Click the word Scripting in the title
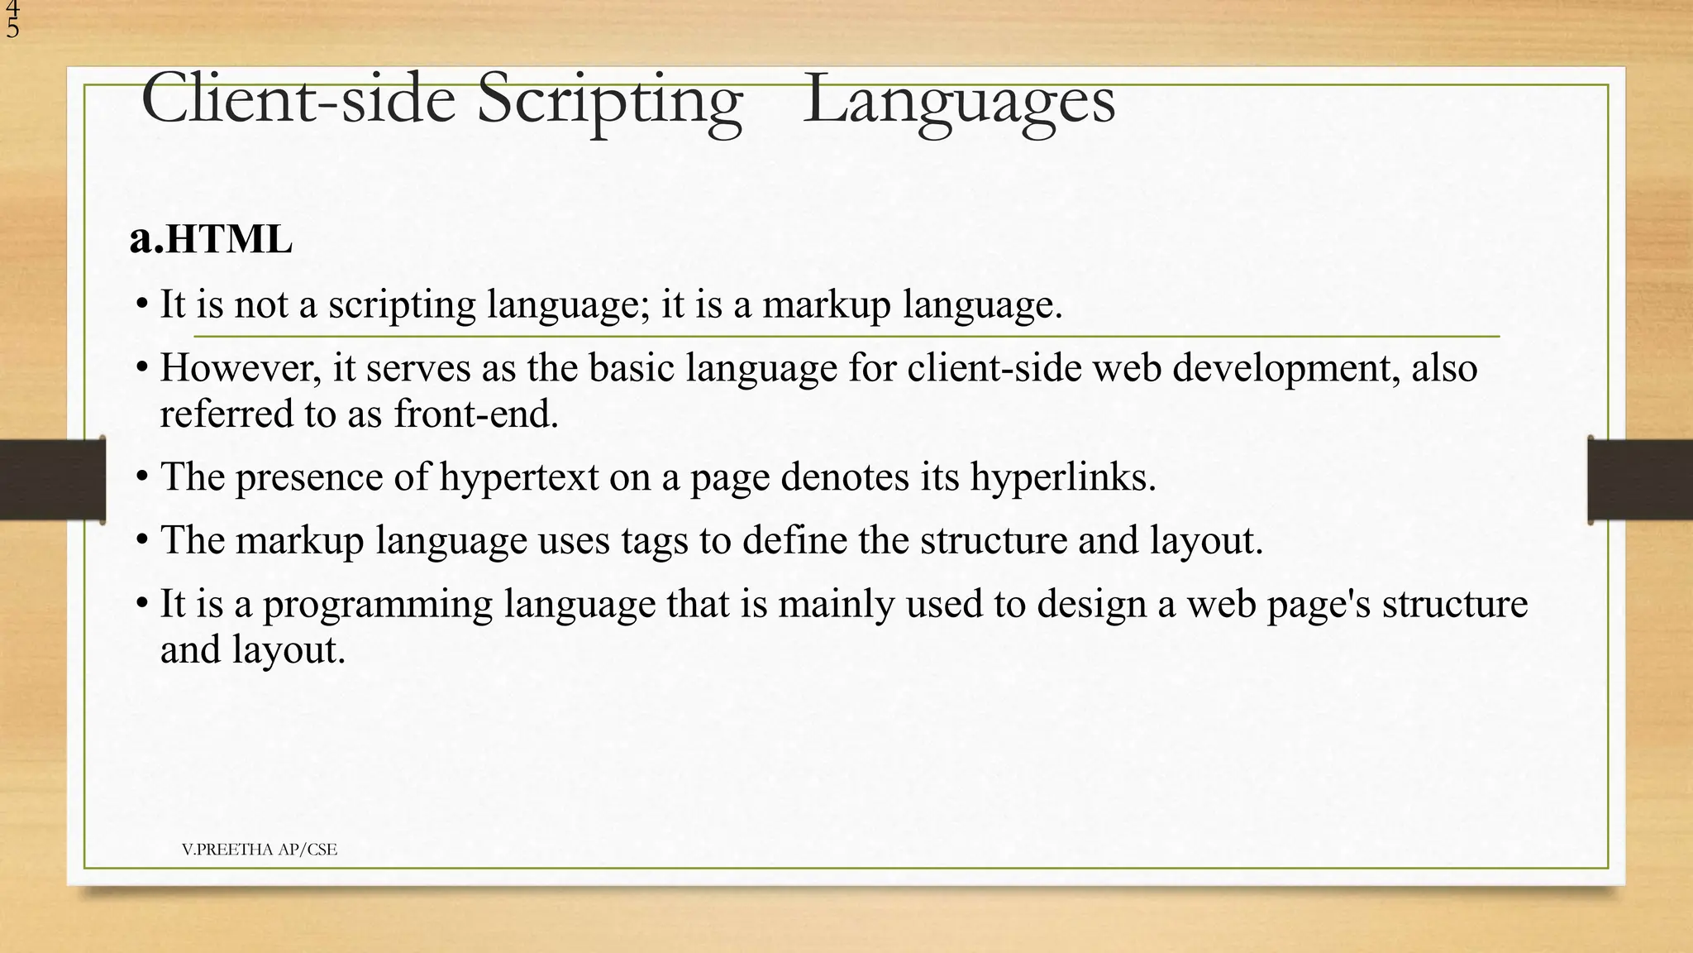coord(609,101)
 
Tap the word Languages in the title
coord(959,101)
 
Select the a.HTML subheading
coord(211,239)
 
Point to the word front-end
coord(476,414)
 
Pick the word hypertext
coord(518,477)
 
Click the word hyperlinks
coord(1062,477)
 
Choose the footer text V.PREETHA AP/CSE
coord(260,850)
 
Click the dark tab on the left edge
coord(52,480)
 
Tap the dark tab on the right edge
coord(1640,480)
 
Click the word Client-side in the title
coord(298,101)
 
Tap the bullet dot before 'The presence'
coord(142,477)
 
